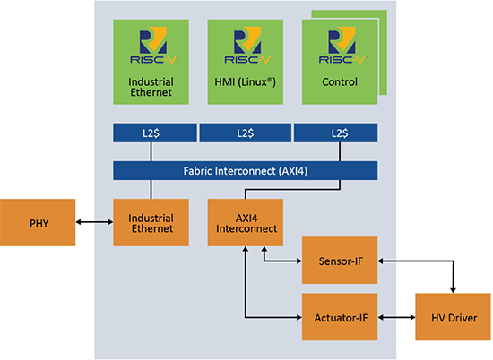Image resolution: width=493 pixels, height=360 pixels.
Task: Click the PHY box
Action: [38, 222]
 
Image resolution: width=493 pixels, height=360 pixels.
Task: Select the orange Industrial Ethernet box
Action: [151, 222]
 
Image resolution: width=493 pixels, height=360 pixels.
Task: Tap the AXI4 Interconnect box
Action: [246, 222]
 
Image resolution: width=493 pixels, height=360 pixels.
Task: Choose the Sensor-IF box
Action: [340, 261]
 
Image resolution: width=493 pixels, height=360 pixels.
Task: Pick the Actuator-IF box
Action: [340, 317]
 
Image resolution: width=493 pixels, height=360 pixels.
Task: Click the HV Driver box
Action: [453, 317]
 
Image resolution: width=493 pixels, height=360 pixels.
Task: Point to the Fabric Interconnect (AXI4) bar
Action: [246, 170]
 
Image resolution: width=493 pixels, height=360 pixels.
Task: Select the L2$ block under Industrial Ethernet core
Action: [155, 133]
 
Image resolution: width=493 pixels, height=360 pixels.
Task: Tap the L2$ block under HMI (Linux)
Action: [246, 133]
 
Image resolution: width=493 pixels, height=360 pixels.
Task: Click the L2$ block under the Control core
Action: [336, 133]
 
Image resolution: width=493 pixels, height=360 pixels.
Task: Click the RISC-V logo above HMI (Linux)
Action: [247, 46]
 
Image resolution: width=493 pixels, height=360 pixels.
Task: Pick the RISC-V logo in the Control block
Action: [342, 46]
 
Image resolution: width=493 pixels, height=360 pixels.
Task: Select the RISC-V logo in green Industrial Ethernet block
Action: [153, 46]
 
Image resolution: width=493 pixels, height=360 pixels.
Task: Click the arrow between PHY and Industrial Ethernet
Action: [94, 222]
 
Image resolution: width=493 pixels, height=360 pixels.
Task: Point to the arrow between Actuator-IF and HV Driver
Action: [396, 318]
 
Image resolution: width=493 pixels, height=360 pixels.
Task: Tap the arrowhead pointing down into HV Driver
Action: [453, 290]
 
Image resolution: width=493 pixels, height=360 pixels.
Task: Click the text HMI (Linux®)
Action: [246, 82]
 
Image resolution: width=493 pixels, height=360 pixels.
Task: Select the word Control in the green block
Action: [340, 82]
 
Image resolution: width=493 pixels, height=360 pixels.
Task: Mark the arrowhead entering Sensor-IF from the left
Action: [298, 261]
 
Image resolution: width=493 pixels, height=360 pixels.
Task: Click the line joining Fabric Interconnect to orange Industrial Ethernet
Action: [151, 190]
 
